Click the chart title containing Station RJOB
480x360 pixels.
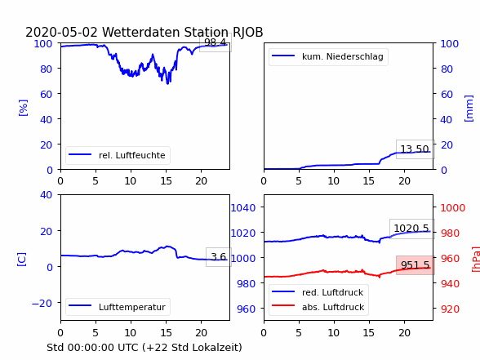[144, 32]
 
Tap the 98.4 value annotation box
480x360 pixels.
[216, 42]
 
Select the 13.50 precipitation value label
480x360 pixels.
[415, 149]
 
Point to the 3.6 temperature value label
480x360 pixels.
[218, 257]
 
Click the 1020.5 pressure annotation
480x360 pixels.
[411, 229]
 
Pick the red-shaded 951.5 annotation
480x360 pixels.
[415, 264]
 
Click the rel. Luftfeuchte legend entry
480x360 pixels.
[118, 155]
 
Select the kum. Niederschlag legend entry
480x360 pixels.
[328, 56]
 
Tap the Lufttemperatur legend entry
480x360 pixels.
[118, 307]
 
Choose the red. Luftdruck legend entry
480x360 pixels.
[318, 292]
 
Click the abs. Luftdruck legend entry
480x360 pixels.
[318, 307]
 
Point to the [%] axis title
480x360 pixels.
[23, 108]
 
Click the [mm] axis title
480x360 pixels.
[469, 109]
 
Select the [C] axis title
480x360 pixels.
[21, 260]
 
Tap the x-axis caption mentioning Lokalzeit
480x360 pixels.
[144, 348]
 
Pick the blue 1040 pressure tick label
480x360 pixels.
[243, 208]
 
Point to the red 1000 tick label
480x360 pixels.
[453, 208]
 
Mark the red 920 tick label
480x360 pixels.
[450, 309]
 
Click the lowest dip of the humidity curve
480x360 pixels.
[167, 83]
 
